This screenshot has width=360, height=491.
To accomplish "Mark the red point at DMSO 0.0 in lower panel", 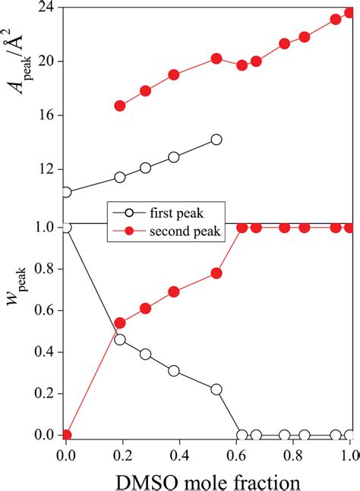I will click(66, 435).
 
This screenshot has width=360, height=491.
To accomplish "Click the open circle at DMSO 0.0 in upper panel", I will click(66, 192).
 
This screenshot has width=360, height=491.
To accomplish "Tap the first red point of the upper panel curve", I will click(119, 105).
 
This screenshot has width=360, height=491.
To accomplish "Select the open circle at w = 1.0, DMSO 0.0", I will click(66, 227).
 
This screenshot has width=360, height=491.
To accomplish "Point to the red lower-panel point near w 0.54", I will click(119, 323).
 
